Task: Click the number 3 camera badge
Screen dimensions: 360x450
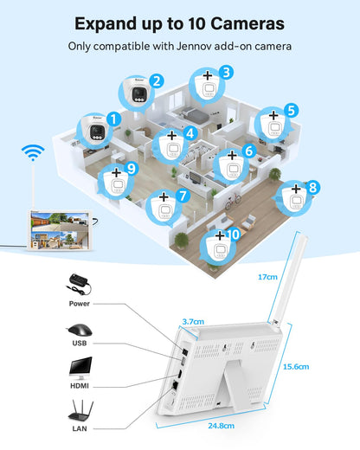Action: pos(226,73)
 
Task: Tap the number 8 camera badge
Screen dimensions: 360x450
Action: pos(313,188)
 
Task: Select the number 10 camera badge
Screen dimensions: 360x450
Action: pos(233,235)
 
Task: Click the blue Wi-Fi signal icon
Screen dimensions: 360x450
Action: pos(33,152)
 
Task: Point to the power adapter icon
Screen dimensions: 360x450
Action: pos(79,284)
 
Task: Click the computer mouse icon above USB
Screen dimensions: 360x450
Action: pos(80,330)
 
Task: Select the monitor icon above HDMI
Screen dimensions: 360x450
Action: pos(80,369)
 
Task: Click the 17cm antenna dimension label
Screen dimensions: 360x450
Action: pos(267,277)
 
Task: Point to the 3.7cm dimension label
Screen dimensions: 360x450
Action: pos(193,321)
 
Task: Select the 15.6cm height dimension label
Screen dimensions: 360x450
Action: pos(296,367)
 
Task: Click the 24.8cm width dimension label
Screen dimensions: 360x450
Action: pos(222,426)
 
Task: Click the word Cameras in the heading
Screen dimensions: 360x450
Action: pos(247,23)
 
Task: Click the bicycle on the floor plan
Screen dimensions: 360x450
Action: pos(233,200)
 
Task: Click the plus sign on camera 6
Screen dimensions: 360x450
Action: pos(232,156)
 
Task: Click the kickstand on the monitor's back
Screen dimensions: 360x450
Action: pos(230,384)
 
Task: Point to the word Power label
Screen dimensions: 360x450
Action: pos(80,304)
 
